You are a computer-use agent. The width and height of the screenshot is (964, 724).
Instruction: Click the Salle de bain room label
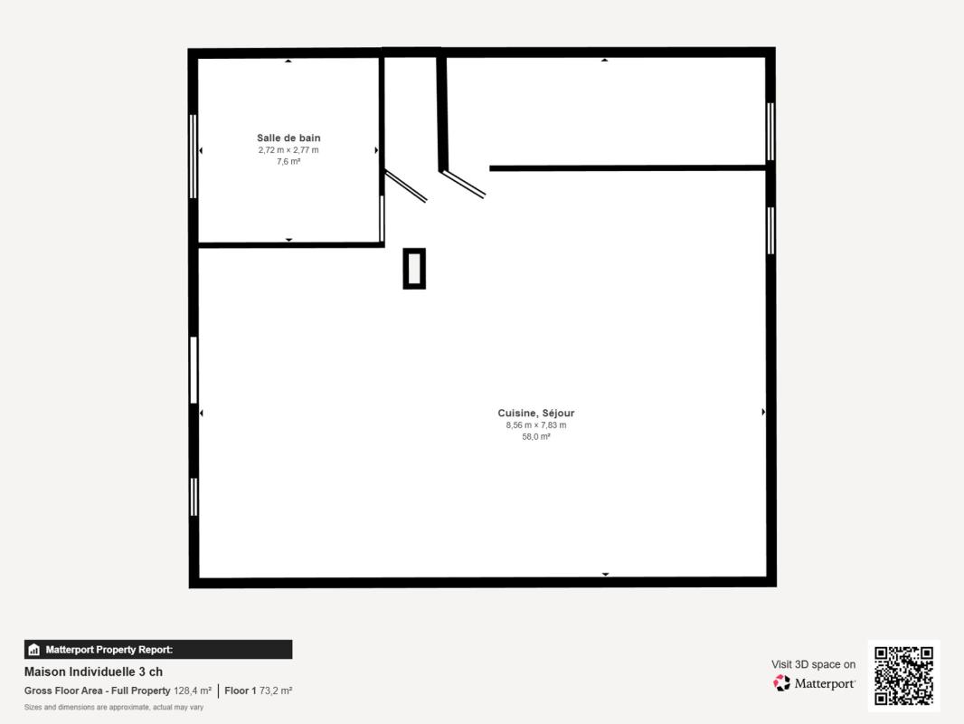[288, 138]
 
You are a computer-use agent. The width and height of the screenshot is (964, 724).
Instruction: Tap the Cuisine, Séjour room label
[536, 413]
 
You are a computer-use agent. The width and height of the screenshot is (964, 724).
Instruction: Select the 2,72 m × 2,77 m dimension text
[288, 150]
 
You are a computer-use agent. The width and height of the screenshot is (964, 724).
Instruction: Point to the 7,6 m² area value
[288, 162]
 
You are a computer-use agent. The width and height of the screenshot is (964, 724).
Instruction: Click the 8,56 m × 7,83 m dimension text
[536, 425]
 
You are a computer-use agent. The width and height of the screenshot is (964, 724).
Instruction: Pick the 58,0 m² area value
[536, 437]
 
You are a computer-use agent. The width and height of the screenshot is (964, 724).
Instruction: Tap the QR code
[903, 675]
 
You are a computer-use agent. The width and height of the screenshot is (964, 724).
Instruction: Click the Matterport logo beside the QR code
[814, 683]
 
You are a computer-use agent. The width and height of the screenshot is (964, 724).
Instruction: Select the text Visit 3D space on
[813, 664]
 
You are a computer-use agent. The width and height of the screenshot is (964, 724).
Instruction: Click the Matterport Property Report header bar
[158, 650]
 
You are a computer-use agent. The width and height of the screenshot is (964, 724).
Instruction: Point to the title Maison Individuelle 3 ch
[93, 672]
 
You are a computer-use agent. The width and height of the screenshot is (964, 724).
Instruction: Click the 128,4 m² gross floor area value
[193, 691]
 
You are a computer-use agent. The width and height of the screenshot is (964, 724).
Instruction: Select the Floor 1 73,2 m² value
[259, 691]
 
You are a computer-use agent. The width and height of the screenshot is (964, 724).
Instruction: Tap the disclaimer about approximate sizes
[114, 708]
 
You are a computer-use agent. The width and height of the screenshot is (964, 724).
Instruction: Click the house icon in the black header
[33, 650]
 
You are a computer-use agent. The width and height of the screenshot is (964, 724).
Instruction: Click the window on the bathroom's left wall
[193, 157]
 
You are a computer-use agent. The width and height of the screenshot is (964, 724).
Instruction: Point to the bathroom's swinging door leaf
[406, 186]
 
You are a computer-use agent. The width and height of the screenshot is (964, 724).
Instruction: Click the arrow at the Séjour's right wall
[763, 412]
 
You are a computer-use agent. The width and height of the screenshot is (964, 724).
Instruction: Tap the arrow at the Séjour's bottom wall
[606, 574]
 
